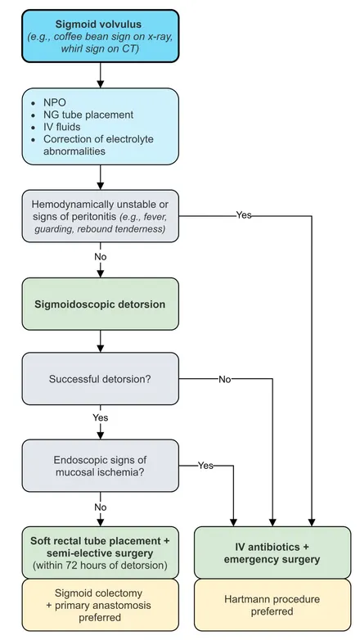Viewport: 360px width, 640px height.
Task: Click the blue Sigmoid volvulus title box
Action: [101, 36]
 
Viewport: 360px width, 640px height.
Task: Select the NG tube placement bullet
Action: [88, 115]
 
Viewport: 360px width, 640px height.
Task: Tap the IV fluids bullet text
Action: [61, 127]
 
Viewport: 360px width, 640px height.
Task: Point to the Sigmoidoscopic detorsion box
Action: [101, 304]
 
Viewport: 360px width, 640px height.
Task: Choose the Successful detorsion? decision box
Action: [101, 379]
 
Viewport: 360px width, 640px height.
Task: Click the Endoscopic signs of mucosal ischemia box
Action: [101, 466]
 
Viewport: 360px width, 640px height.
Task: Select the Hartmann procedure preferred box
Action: [272, 605]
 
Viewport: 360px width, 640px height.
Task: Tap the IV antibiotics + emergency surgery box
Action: [272, 552]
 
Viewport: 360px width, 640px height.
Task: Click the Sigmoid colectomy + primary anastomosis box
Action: [101, 605]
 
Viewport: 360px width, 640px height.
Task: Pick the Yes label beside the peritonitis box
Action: [244, 214]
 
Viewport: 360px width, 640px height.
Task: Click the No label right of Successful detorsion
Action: [224, 379]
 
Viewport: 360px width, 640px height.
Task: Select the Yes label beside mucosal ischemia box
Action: [205, 466]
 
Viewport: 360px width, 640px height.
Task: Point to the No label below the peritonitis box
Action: [101, 257]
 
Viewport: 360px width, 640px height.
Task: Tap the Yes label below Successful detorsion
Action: [101, 417]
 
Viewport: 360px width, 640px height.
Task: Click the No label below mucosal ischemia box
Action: [101, 507]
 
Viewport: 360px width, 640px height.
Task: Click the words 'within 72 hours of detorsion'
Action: [102, 566]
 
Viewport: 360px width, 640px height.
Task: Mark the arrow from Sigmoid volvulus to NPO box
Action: [101, 75]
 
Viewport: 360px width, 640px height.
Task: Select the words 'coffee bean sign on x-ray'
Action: [106, 36]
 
